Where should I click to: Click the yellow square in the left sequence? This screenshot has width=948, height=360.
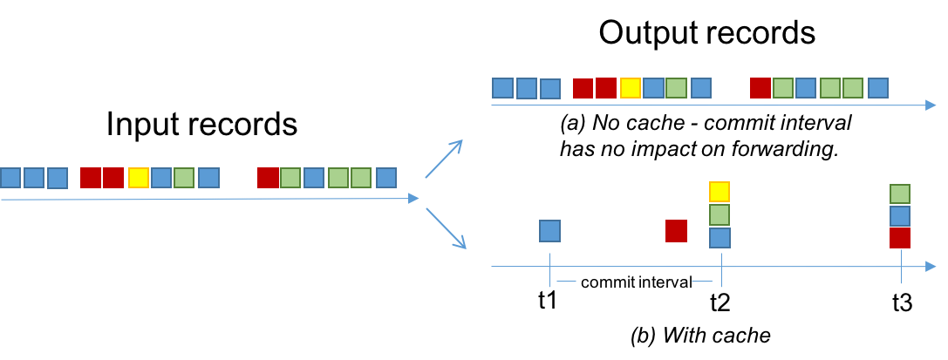pos(138,178)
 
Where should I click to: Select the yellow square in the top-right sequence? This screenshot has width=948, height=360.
pos(630,88)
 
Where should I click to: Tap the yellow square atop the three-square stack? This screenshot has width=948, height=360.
pos(720,192)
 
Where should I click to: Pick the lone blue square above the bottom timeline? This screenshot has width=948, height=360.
pos(549,231)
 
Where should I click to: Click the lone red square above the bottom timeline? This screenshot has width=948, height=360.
pos(676,231)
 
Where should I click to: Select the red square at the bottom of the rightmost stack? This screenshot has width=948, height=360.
pos(900,238)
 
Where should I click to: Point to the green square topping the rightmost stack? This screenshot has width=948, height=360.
pos(900,194)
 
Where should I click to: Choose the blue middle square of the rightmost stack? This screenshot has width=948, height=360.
pos(900,216)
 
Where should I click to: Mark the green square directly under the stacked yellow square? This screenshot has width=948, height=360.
pos(720,215)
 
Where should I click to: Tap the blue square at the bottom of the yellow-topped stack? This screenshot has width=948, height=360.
pos(720,238)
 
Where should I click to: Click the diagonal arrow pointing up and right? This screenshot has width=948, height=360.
pos(444,159)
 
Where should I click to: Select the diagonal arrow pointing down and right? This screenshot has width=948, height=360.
pos(446,228)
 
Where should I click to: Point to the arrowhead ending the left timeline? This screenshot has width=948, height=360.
pos(414,199)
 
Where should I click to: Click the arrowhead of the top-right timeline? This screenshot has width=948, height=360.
pos(931,105)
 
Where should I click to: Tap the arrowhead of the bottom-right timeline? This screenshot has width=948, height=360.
pos(931,267)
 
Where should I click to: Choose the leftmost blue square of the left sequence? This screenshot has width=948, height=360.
pos(10,178)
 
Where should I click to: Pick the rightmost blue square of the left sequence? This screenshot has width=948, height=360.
pos(385,178)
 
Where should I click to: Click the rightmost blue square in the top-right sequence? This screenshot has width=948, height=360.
pos(877,88)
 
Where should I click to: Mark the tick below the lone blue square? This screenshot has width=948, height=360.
pos(550,269)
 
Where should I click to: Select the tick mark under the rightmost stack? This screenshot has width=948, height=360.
pos(901,269)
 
